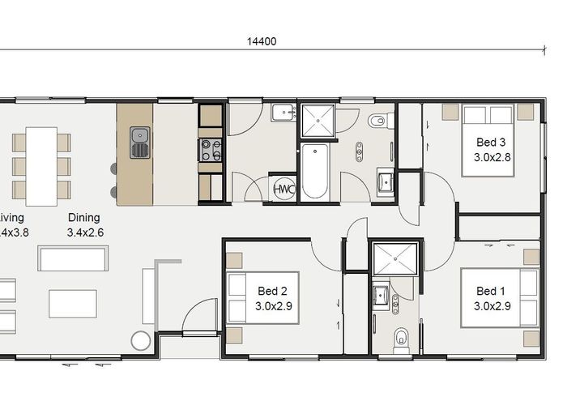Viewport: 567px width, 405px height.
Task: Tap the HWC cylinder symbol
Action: (283, 188)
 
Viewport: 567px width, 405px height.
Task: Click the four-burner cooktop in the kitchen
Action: (211, 149)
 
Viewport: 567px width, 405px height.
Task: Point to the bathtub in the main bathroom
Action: (315, 172)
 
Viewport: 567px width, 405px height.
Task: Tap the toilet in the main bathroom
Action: (377, 122)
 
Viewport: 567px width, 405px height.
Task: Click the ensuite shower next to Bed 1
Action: (393, 259)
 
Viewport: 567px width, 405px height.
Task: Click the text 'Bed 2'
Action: (273, 291)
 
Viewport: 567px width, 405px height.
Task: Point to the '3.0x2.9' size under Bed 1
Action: (491, 306)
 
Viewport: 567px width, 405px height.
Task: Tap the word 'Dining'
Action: (84, 217)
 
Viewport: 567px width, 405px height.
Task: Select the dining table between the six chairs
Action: (41, 166)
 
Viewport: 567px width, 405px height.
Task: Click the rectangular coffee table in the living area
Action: (73, 303)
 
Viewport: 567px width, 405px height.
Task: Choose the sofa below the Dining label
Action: (73, 258)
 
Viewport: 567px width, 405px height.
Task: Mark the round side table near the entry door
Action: (141, 340)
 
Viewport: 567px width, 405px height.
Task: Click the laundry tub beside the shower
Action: (283, 113)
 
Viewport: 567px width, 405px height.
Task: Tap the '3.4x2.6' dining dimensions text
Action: (85, 232)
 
